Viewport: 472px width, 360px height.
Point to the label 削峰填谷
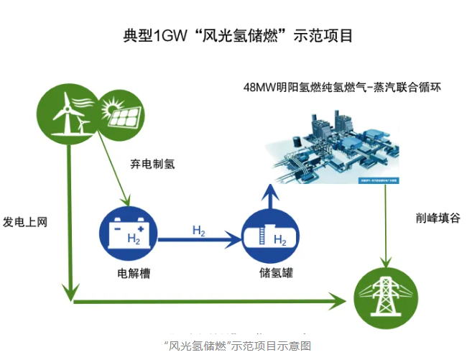(x=436, y=218)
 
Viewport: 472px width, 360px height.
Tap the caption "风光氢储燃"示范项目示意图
(x=237, y=346)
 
